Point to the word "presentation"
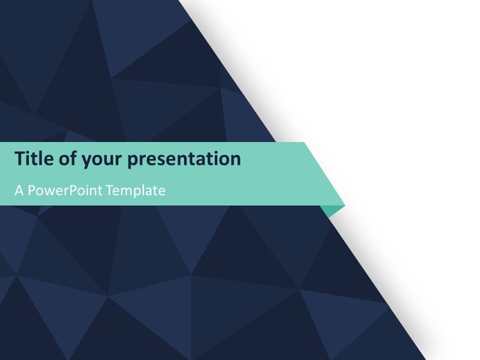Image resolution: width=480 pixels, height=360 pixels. tap(184, 160)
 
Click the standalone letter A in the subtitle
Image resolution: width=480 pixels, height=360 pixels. tap(19, 190)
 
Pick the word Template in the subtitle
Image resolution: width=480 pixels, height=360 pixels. tap(136, 190)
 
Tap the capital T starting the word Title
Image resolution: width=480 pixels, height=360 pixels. tap(20, 159)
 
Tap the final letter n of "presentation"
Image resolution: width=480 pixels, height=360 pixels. tap(235, 160)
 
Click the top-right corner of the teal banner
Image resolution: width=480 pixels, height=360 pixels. tap(305, 143)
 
